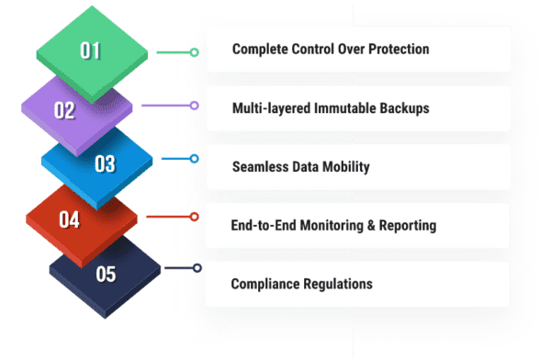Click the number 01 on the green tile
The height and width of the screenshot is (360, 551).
coord(90,51)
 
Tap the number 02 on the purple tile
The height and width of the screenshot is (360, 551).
coord(64,110)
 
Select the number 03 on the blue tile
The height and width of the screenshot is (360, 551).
coord(105,163)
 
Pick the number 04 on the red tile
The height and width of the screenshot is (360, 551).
coord(69,219)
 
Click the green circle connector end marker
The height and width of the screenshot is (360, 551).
coord(194,52)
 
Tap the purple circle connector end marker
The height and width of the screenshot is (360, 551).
coord(194,106)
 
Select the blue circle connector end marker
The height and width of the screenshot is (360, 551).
coord(194,159)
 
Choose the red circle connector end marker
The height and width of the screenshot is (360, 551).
coord(194,217)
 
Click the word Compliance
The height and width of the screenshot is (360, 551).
coord(267,284)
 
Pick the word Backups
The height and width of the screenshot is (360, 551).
coord(405,108)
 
